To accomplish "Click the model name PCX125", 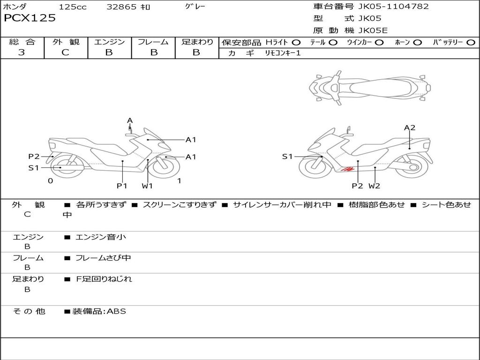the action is pos(30,18).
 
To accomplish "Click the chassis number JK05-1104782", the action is pos(393,6).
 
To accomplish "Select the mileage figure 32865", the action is pos(121,7).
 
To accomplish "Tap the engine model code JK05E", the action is pos(373,30).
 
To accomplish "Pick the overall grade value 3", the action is pos(22,52).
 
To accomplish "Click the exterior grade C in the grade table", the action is pos(65,52).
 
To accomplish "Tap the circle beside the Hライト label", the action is pos(296,43).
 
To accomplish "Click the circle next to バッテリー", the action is pos(471,43).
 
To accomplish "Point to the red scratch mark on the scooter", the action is pos(348,169).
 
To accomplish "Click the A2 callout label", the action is pos(410,127).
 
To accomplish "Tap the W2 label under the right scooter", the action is pos(374,186).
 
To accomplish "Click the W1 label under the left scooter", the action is pos(147,186).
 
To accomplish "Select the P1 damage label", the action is pos(122,186).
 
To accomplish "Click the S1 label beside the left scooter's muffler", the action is pos(34,168).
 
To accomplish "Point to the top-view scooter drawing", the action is pos(370,88).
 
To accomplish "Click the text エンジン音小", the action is pos(101,237).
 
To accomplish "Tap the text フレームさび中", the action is pos(103,258).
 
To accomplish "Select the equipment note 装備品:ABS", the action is pos(99,311).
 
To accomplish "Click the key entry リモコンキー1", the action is pos(283,53).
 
